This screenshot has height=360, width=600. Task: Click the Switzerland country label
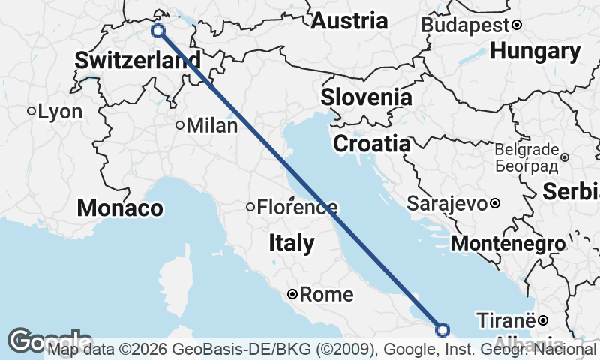point(137,60)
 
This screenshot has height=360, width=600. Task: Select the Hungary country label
point(535,52)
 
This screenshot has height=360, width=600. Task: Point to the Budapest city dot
point(517,25)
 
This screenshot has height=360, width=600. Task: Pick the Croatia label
point(372,144)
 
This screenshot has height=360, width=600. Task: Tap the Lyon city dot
point(31,111)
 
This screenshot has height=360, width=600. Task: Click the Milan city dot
point(180,125)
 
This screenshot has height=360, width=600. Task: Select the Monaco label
point(120,208)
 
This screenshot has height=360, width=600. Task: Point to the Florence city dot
point(250,207)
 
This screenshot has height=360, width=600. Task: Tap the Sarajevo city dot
point(495,203)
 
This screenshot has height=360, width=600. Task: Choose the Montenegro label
point(508,244)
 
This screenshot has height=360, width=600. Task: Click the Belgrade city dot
point(565,157)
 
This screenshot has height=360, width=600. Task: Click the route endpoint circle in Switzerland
point(158,31)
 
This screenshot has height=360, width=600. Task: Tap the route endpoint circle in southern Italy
point(442,329)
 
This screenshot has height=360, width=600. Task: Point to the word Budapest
point(465,25)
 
